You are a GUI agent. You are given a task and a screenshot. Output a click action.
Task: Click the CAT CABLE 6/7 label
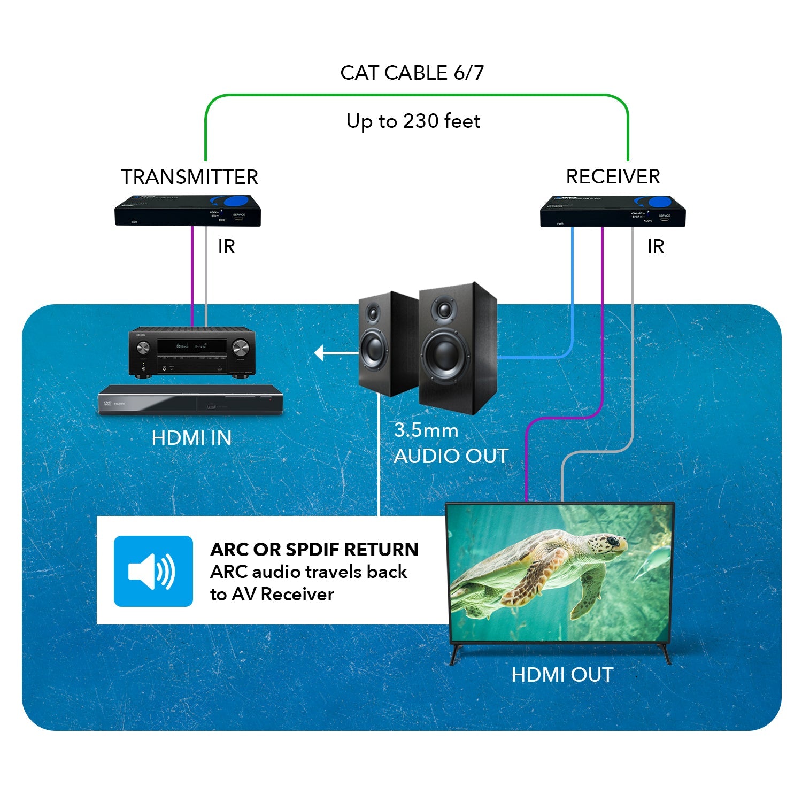click(x=412, y=73)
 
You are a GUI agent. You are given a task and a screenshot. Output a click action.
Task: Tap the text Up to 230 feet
click(x=413, y=121)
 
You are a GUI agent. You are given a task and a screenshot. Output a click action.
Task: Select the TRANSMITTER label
click(x=189, y=177)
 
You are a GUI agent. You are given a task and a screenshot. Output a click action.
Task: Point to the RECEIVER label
click(x=613, y=176)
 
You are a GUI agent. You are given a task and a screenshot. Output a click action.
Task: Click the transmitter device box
click(x=188, y=211)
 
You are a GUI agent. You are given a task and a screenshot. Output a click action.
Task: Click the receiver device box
click(x=613, y=212)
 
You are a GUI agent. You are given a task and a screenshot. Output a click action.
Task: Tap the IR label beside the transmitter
click(x=226, y=246)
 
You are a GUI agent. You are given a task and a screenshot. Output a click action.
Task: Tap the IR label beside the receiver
click(x=656, y=246)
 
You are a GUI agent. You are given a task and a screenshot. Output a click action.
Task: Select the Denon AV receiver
click(x=192, y=353)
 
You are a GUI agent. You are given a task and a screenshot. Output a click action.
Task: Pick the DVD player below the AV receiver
click(x=190, y=400)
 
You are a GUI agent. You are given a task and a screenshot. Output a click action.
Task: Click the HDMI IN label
click(x=191, y=438)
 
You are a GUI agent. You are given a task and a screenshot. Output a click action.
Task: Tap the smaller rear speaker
click(x=381, y=342)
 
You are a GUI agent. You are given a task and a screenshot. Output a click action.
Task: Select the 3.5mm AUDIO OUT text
click(x=450, y=444)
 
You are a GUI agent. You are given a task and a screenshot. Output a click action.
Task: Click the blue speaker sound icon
click(x=153, y=571)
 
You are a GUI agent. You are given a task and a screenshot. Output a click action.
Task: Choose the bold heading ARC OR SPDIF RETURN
click(x=314, y=550)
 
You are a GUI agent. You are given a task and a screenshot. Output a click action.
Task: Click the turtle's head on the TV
click(x=607, y=546)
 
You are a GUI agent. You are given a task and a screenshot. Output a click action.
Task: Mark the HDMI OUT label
click(x=561, y=675)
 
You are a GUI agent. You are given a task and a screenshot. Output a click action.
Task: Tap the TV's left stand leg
click(x=456, y=653)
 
